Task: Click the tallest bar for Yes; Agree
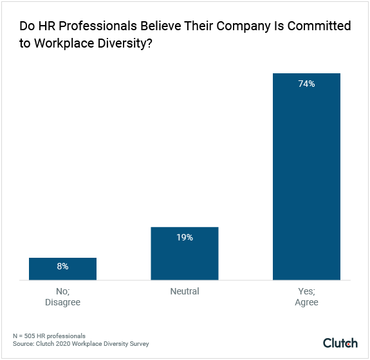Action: click(x=306, y=177)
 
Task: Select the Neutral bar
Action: click(x=185, y=254)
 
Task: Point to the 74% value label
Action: click(x=306, y=84)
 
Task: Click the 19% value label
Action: click(x=185, y=237)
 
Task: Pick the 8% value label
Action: click(x=62, y=265)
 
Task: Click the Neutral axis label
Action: click(x=185, y=291)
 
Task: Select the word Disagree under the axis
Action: click(x=62, y=302)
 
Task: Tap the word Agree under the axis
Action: click(x=306, y=302)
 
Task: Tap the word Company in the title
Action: click(x=246, y=26)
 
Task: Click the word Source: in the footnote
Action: click(x=24, y=344)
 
